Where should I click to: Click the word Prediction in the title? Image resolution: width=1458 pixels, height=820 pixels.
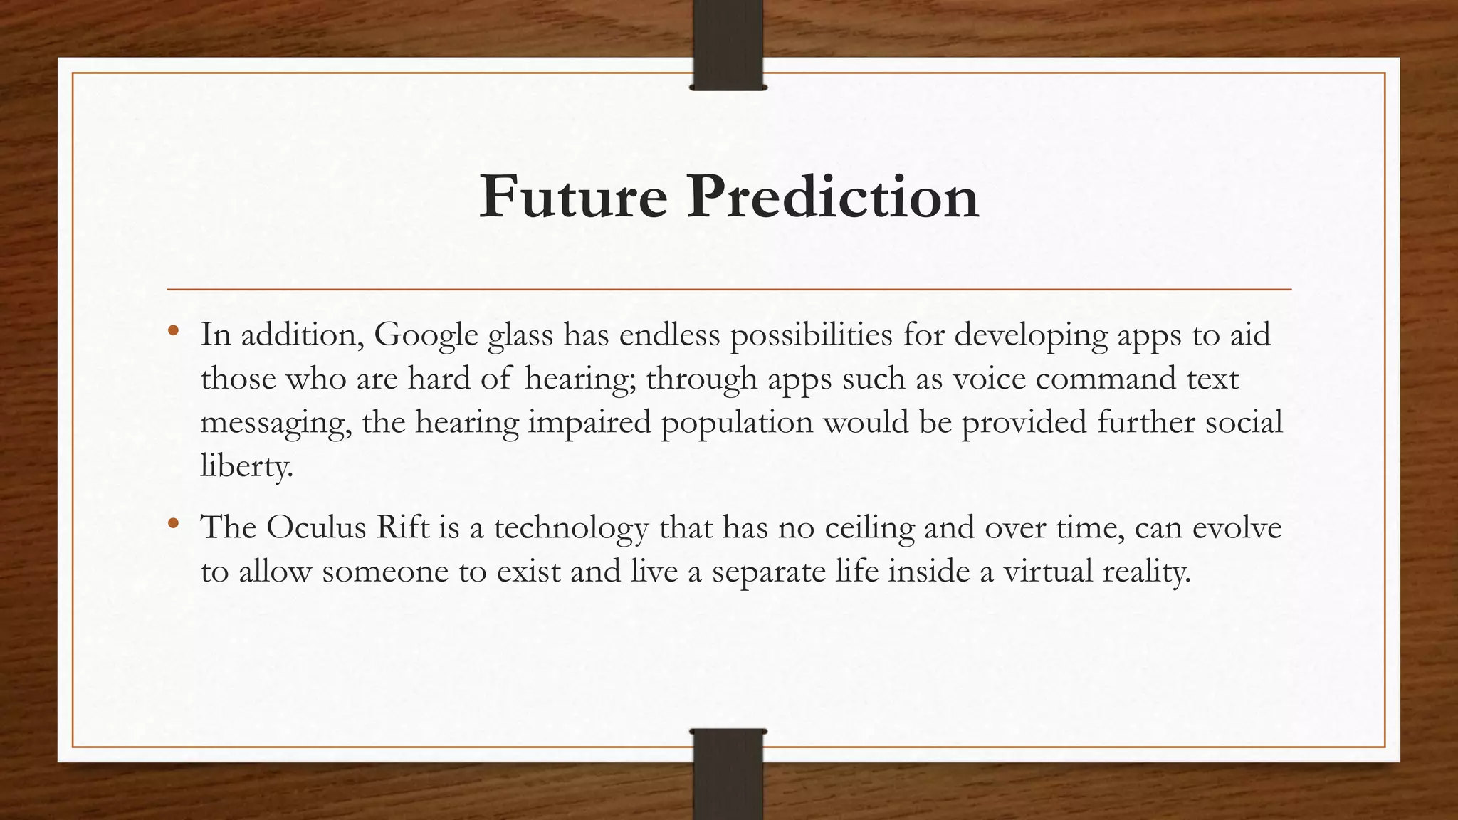pos(833,197)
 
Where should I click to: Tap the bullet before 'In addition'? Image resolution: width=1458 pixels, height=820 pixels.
pos(172,331)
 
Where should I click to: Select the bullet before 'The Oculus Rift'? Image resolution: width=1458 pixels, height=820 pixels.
pos(172,525)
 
